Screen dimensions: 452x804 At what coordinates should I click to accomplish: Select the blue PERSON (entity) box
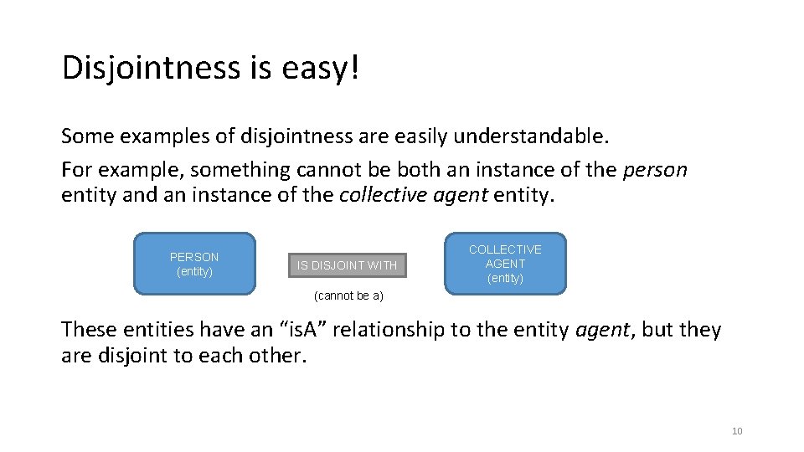(194, 265)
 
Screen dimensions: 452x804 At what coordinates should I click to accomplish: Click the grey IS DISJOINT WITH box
(347, 265)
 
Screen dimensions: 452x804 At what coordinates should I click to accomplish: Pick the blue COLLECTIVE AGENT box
(505, 264)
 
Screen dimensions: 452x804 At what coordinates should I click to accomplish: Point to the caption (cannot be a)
(348, 296)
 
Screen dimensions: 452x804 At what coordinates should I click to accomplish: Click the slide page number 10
(737, 431)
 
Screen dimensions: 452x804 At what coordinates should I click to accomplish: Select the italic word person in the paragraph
(656, 170)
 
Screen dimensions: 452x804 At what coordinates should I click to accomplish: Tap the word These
(91, 330)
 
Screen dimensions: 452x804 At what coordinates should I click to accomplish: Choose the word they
(699, 330)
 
